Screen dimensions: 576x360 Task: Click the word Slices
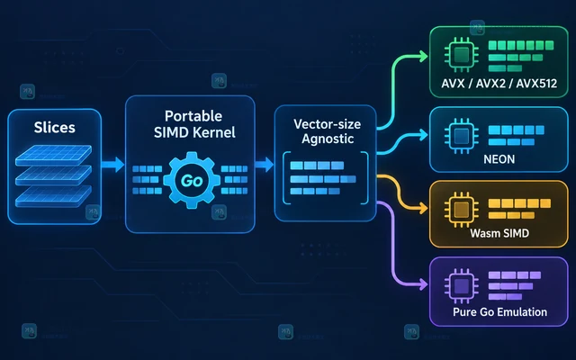54,128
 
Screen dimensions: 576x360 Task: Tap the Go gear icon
192,180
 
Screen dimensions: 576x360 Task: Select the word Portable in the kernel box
193,116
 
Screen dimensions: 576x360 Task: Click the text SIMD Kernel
194,132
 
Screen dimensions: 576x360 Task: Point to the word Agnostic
328,139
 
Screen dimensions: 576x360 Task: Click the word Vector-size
327,124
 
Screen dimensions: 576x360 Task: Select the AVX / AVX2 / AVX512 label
499,84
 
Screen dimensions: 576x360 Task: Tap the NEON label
499,159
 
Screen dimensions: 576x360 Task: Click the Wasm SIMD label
499,233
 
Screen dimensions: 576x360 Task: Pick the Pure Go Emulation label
499,312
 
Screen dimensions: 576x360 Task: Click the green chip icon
462,55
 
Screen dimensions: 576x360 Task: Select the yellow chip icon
462,210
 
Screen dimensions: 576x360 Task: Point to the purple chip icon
462,285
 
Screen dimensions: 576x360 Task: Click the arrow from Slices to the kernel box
112,164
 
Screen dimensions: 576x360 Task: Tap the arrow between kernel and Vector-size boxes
264,164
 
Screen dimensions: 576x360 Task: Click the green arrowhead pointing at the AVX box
424,56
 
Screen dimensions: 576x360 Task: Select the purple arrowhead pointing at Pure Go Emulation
424,284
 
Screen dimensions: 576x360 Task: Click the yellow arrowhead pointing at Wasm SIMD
424,209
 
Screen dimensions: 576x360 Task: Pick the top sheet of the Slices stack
54,155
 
